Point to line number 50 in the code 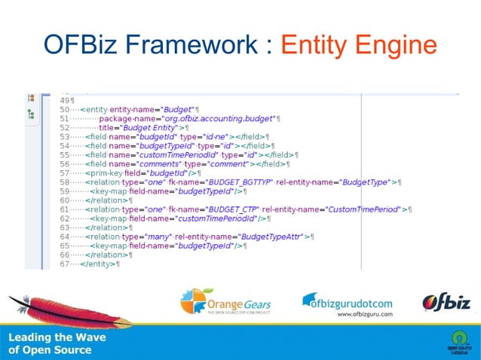(64, 110)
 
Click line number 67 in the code (64, 264)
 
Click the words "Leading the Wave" (57, 337)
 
